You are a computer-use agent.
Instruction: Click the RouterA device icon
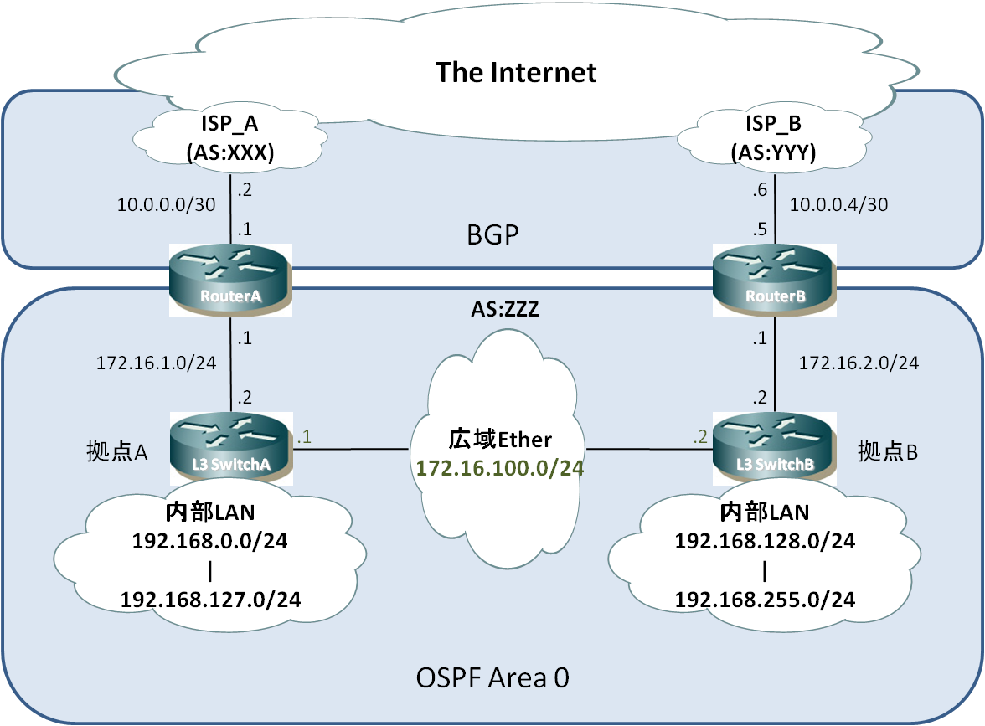coord(230,280)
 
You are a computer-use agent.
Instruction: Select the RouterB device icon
coord(775,280)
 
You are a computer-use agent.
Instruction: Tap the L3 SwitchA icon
coord(230,449)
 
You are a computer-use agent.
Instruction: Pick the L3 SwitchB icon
coord(775,449)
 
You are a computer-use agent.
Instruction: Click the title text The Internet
coord(516,72)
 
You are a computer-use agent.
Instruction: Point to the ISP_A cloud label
coord(229,137)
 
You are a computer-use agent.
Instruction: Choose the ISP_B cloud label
coord(773,137)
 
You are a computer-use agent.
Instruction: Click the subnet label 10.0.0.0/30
coord(167,204)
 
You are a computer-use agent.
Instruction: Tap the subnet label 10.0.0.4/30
coord(838,204)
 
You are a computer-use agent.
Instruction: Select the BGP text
coord(492,234)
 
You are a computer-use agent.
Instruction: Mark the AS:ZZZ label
coord(505,309)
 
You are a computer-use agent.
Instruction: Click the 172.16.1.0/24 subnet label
coord(156,363)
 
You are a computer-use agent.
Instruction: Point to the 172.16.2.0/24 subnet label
coord(859,363)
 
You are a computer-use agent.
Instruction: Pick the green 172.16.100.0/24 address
coord(500,468)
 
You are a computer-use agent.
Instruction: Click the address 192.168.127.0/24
coord(210,600)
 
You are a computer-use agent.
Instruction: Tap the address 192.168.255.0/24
coord(766,600)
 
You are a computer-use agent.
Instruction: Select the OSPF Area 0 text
coord(492,677)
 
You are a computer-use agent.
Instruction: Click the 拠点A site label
coord(117,451)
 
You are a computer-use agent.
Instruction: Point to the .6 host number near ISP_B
coord(761,189)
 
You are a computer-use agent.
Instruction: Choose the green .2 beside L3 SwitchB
coord(700,436)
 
